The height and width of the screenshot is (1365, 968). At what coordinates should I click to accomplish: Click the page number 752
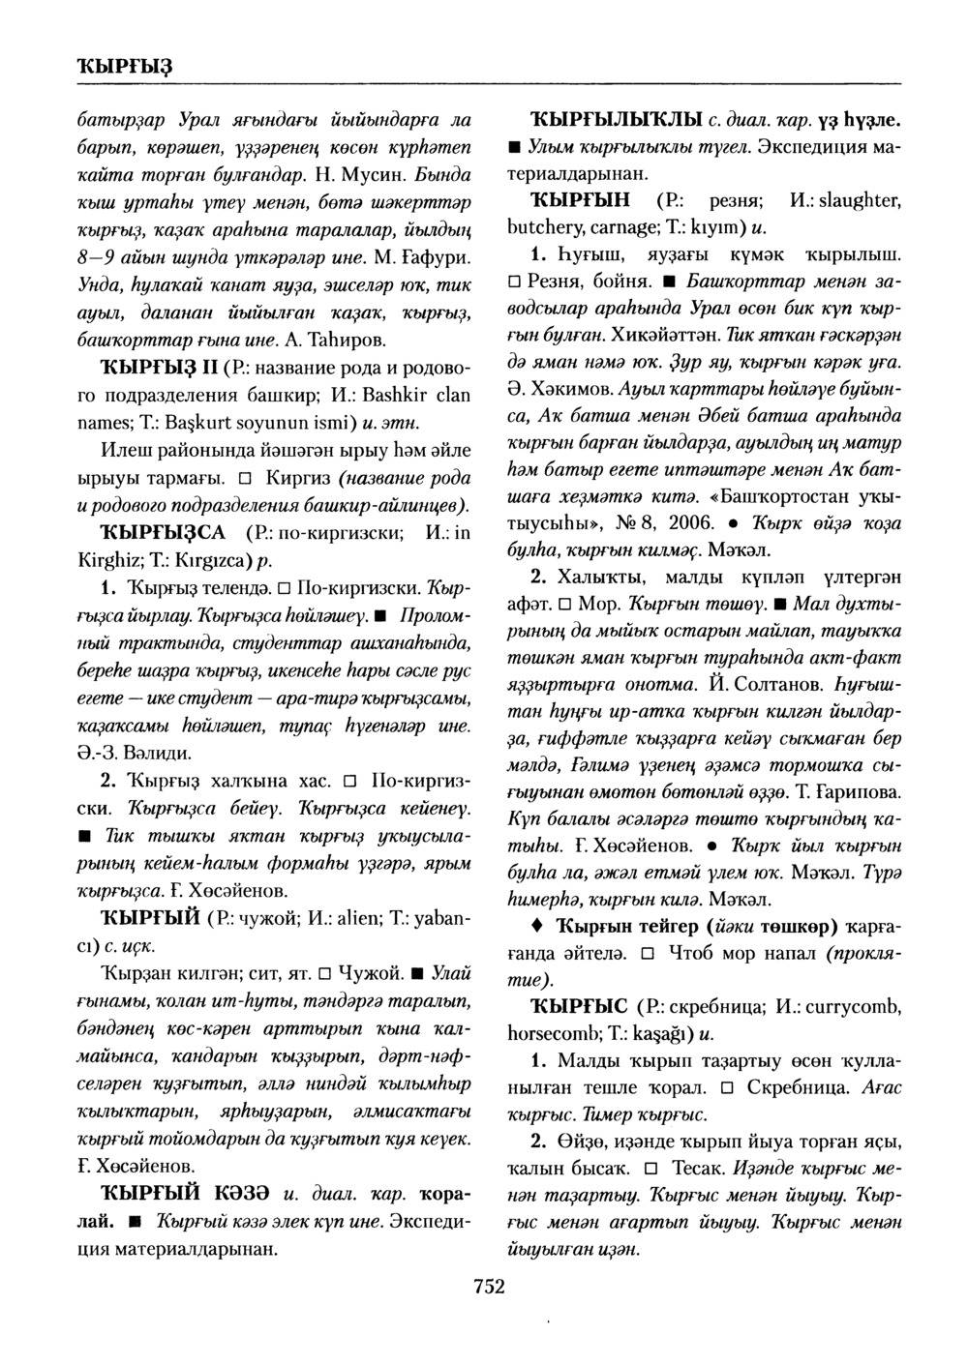(x=489, y=1286)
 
